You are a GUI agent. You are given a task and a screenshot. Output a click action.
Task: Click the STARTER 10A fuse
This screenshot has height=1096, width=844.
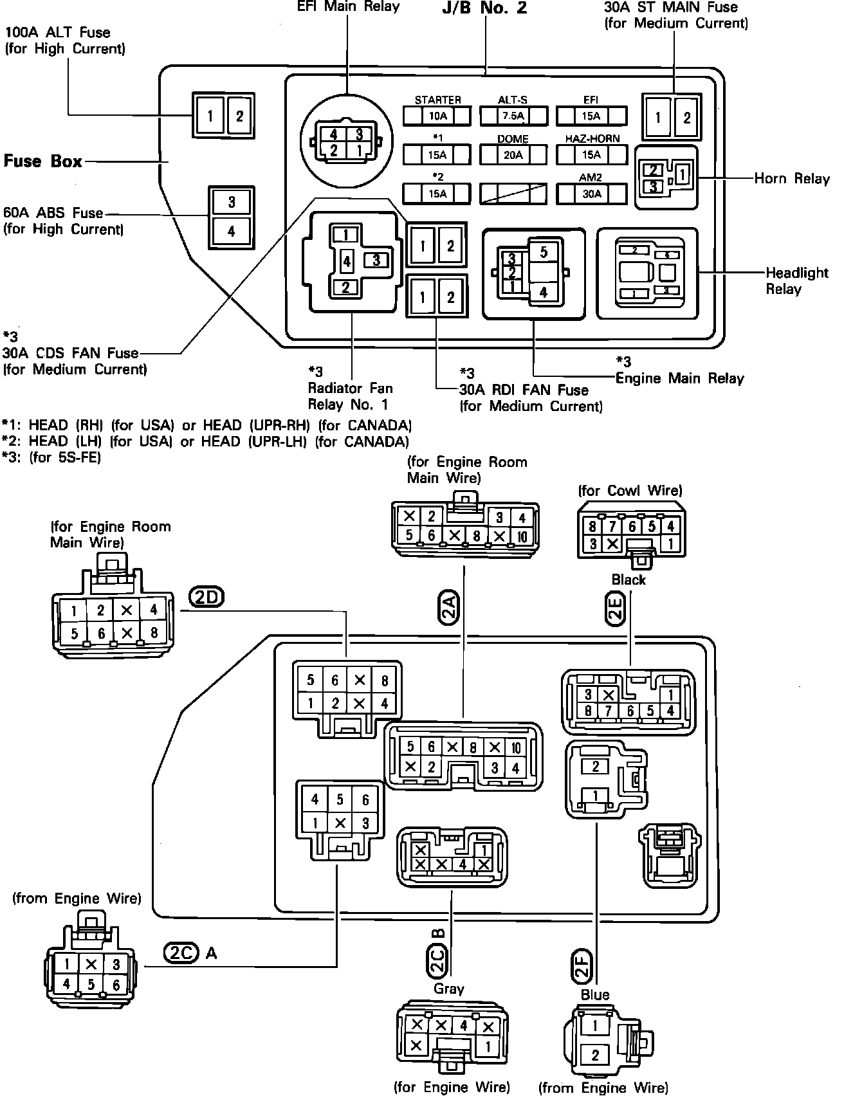[437, 116]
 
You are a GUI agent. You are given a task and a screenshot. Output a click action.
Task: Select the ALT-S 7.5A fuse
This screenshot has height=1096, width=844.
[513, 116]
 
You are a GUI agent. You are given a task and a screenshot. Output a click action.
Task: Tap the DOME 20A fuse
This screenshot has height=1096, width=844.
[513, 154]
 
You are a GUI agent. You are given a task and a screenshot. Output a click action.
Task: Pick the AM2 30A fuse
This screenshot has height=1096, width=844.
[591, 194]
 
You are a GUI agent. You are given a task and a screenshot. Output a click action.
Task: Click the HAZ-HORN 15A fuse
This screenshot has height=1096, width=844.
[591, 154]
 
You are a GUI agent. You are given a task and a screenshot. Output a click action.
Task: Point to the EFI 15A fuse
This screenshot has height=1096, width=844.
[591, 116]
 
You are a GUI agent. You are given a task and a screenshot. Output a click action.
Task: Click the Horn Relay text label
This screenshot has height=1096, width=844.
[792, 178]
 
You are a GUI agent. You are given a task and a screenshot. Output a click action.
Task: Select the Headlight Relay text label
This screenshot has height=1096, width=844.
[796, 280]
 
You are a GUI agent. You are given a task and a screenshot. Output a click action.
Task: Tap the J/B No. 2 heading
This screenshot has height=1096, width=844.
[484, 8]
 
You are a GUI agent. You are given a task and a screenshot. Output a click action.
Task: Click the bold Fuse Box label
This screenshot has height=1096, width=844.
[43, 161]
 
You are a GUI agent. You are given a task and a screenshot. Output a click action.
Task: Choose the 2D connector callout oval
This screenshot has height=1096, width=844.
[206, 598]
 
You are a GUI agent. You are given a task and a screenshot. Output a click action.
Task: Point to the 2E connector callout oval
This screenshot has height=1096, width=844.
[616, 608]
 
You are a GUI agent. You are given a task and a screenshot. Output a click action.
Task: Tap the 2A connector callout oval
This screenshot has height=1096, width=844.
[448, 609]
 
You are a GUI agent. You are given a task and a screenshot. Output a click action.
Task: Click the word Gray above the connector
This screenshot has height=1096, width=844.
[448, 989]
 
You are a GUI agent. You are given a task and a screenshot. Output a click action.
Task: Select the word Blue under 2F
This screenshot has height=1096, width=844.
[595, 994]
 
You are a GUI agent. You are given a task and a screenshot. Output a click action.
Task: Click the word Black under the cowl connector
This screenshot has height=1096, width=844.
[628, 580]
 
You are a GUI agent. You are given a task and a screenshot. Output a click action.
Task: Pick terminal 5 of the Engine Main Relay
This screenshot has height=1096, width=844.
[544, 252]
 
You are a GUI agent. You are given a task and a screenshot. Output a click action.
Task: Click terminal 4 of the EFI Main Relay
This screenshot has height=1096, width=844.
[333, 135]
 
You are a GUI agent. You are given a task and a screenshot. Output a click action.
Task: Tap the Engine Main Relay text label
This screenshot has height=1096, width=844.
[679, 378]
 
